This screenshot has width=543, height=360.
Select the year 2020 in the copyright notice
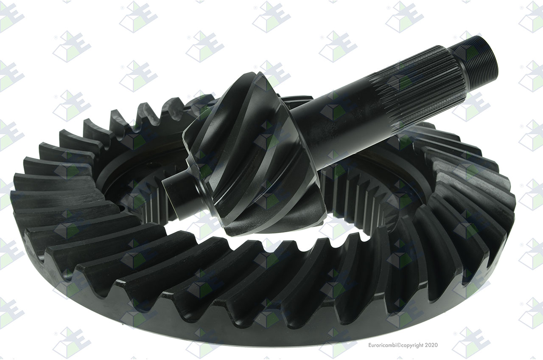coord(431,345)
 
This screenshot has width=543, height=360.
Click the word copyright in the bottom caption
coord(413,345)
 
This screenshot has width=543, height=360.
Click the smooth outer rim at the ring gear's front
coord(242,325)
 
